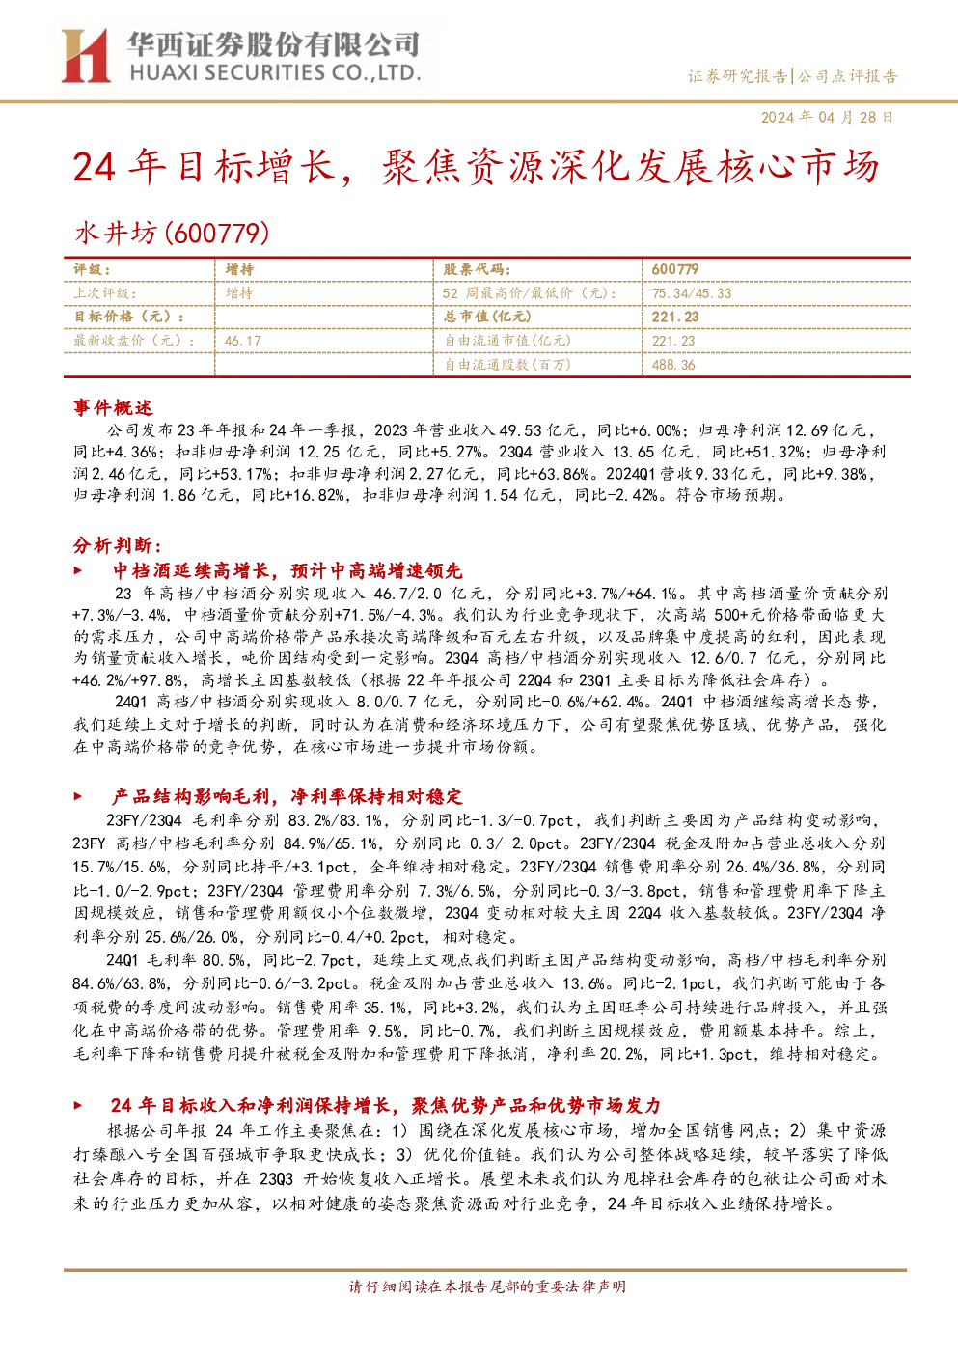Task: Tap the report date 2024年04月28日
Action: [x=827, y=117]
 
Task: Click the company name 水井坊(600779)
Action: [x=172, y=233]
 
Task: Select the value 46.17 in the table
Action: [x=242, y=341]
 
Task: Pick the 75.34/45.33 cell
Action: [x=692, y=293]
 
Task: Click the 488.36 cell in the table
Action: [x=673, y=365]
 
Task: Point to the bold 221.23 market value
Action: [x=675, y=317]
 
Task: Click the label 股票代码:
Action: [x=478, y=269]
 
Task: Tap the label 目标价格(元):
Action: [x=129, y=317]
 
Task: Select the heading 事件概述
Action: [x=113, y=407]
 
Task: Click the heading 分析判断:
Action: [x=118, y=545]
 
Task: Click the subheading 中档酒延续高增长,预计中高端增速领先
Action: [x=287, y=570]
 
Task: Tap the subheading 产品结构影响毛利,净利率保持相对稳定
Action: [x=287, y=796]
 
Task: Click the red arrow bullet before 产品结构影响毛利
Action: [x=77, y=796]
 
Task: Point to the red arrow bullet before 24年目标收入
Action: [x=77, y=1106]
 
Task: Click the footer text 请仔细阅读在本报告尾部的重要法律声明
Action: [x=487, y=1286]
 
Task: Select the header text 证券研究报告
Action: [x=738, y=77]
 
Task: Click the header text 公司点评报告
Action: [x=847, y=77]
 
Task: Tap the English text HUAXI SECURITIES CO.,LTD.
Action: [x=275, y=73]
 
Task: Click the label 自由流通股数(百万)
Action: [x=507, y=365]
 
